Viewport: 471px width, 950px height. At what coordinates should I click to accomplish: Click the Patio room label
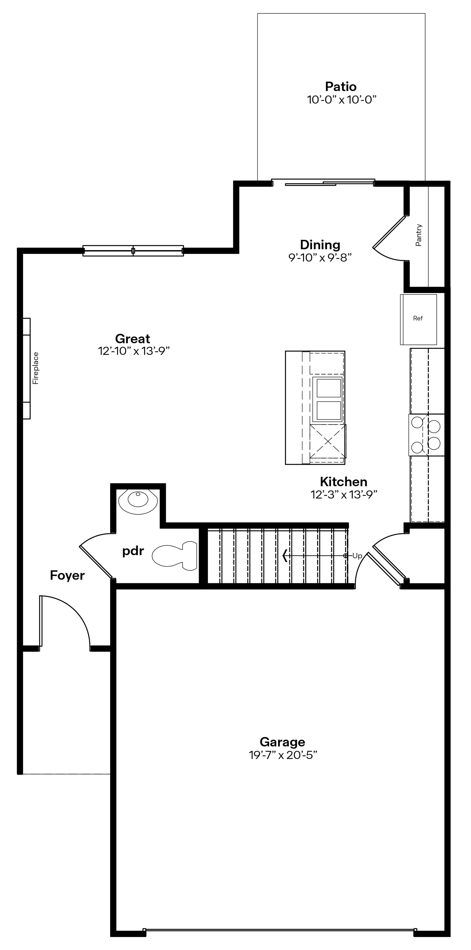(x=341, y=87)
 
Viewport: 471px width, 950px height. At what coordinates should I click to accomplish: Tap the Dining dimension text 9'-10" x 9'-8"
(x=320, y=257)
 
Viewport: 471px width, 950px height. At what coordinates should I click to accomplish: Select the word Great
(x=133, y=338)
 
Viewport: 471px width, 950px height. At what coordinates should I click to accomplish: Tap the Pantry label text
(x=419, y=235)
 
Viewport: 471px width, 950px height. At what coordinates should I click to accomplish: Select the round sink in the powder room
(x=138, y=500)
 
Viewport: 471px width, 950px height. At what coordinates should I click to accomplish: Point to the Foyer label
(x=68, y=575)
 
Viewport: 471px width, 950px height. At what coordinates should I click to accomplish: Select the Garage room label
(x=282, y=742)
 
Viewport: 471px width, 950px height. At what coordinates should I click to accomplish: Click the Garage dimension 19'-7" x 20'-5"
(x=283, y=755)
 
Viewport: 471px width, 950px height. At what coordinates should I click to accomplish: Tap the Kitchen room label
(x=343, y=482)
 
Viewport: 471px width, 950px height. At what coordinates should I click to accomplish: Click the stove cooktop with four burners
(x=426, y=435)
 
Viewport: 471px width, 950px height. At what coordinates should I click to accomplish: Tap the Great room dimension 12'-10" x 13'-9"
(x=133, y=351)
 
